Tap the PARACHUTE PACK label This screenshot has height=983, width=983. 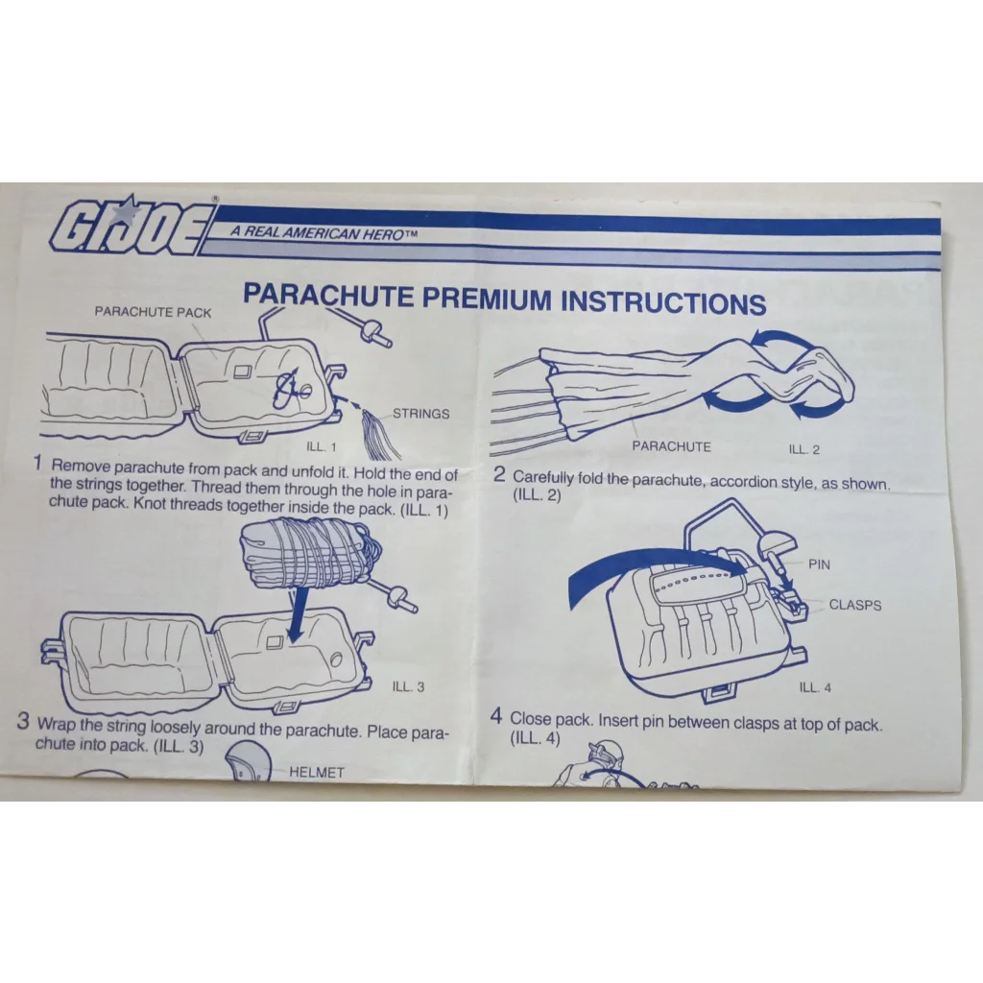pos(153,312)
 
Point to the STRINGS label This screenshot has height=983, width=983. pos(420,414)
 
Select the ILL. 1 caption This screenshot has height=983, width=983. pos(321,446)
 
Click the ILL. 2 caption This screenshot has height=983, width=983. pos(803,449)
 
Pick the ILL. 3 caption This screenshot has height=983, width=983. pos(408,686)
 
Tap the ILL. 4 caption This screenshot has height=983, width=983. pos(815,687)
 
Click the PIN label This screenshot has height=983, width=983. pos(819,564)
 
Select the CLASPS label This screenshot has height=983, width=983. pos(854,605)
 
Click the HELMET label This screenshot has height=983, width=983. pos(316,772)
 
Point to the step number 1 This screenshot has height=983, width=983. pos(37,464)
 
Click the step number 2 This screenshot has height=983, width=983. pos(499,474)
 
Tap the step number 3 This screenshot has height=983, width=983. pos(23,722)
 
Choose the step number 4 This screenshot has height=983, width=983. pos(496,715)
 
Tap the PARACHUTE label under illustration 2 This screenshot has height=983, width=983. pos(671,446)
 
